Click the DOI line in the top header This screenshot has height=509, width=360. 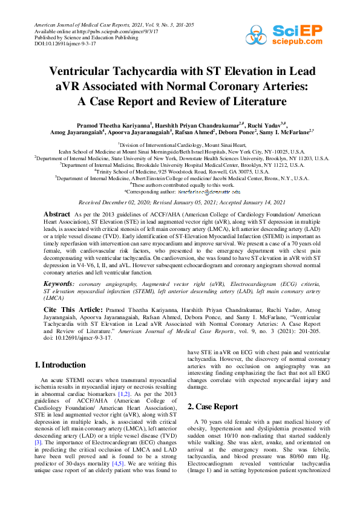coord(58,44)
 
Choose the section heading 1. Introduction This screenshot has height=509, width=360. coord(59,365)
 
